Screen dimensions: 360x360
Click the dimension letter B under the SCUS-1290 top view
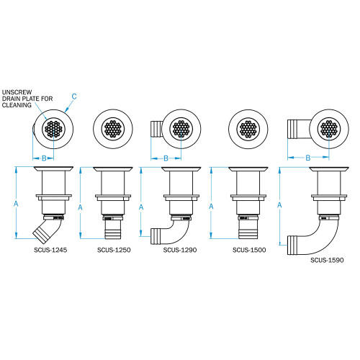(x=165, y=158)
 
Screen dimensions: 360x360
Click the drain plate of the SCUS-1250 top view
(x=114, y=130)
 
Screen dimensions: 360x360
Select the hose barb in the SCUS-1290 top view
(x=154, y=131)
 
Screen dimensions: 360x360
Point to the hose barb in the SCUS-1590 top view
(x=295, y=130)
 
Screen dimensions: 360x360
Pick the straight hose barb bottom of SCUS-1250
(x=114, y=231)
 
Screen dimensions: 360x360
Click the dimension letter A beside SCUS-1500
(x=210, y=204)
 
